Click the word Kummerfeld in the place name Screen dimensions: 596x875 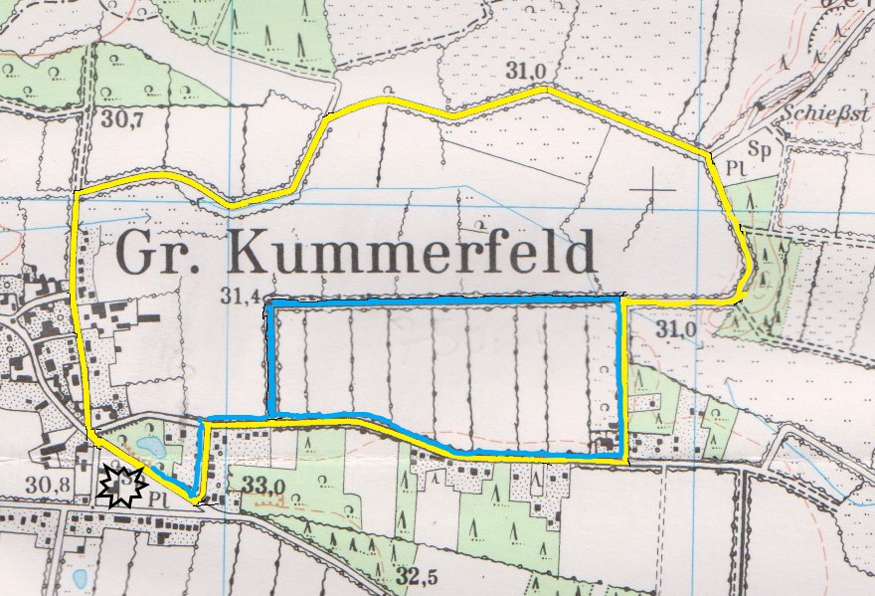coord(412,254)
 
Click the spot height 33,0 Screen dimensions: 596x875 coord(264,486)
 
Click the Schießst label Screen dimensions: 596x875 coord(825,111)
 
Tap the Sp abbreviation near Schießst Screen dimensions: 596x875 coord(761,150)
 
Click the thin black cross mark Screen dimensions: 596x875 coord(653,188)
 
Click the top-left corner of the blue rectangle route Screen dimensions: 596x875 coord(268,303)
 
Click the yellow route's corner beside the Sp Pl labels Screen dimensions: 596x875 coord(709,155)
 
